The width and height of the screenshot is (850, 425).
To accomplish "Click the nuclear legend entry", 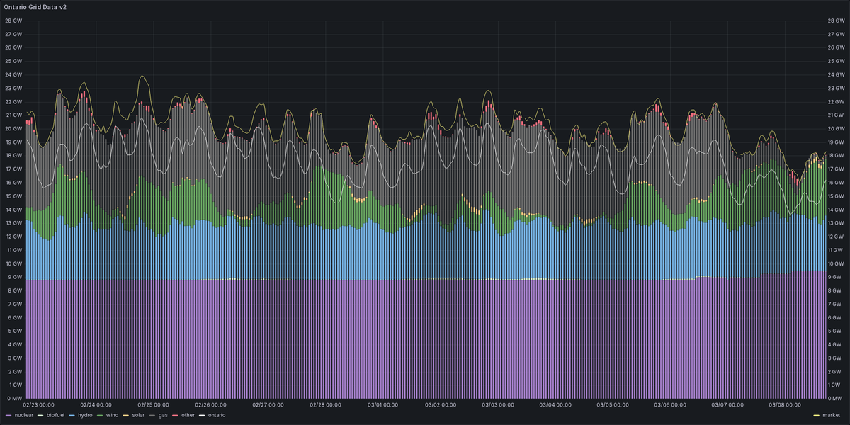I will click(22, 415).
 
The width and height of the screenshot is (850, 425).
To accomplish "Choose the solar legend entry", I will click(139, 415).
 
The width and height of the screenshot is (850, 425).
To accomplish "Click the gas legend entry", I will click(163, 415).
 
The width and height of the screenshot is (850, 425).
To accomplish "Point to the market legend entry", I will click(832, 415).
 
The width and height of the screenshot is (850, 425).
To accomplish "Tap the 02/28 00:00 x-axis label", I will click(325, 405).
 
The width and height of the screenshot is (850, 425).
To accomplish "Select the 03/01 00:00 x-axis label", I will click(382, 405).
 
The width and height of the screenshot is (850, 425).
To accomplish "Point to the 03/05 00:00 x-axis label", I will click(612, 405).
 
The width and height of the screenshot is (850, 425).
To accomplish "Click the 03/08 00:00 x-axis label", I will click(784, 405).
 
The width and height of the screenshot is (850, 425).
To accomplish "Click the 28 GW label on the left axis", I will click(13, 21).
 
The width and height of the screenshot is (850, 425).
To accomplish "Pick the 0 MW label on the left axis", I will click(13, 399).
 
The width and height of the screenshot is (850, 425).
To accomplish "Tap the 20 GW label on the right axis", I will click(837, 128).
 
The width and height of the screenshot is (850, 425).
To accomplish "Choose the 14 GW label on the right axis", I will click(837, 210).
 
